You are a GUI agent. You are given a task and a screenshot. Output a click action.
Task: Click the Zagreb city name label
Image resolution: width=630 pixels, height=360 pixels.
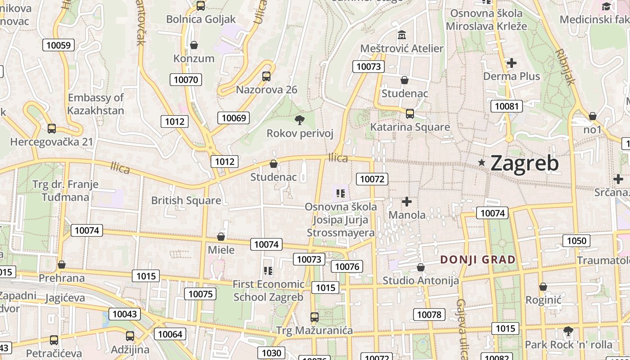coord(524,163)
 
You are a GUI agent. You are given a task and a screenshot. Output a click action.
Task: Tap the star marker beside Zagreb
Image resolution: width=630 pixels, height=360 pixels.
coord(482,162)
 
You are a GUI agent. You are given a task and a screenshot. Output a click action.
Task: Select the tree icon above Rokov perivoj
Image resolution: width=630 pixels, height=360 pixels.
coord(299,120)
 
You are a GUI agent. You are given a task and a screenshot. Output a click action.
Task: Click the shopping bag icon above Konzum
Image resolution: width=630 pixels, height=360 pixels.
coord(194,45)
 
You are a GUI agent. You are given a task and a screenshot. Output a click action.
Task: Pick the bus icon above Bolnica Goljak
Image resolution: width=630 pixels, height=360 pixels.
coord(201,6)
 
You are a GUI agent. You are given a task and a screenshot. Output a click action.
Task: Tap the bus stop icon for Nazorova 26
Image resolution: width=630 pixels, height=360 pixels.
coord(266,76)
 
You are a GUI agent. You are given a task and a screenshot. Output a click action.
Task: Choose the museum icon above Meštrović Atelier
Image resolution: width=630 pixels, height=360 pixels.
coord(402,35)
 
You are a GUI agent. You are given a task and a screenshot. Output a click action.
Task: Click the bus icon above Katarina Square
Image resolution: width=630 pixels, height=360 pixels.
coord(409,113)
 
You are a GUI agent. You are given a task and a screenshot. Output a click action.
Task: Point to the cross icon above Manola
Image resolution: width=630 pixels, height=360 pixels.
coord(407,201)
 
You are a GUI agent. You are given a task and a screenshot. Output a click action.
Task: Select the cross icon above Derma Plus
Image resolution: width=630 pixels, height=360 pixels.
coord(511,63)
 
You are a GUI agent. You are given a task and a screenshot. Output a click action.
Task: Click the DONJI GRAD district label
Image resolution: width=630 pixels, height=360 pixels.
coord(478,260)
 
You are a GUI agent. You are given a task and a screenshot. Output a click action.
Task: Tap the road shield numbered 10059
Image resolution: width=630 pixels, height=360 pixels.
coord(58,45)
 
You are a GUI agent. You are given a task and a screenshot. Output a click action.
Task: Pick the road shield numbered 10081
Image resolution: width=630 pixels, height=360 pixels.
coord(507,107)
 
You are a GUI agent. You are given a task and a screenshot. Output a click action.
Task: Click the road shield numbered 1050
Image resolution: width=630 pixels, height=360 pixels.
coord(576,241)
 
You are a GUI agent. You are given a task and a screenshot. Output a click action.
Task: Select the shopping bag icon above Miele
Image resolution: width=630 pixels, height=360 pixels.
coord(221,237)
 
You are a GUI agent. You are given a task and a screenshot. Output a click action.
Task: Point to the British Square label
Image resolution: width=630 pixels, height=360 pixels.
coord(186,201)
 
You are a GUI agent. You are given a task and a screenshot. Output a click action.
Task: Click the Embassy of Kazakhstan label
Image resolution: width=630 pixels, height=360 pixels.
coord(95,104)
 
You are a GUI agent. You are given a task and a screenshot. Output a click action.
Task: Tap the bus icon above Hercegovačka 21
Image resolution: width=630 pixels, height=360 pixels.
coord(52,129)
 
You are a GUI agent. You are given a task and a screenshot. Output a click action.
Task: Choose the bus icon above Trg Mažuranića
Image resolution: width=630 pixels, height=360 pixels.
coord(315,317)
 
